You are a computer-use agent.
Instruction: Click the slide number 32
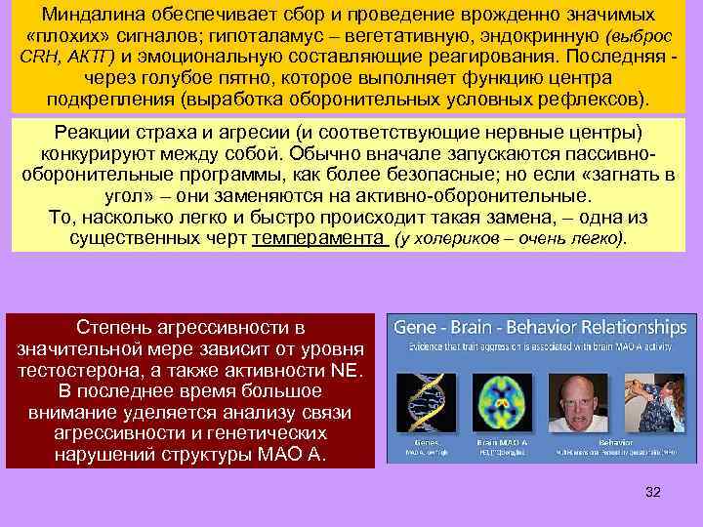tap(653, 492)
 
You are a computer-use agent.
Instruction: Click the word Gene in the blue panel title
tap(418, 328)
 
